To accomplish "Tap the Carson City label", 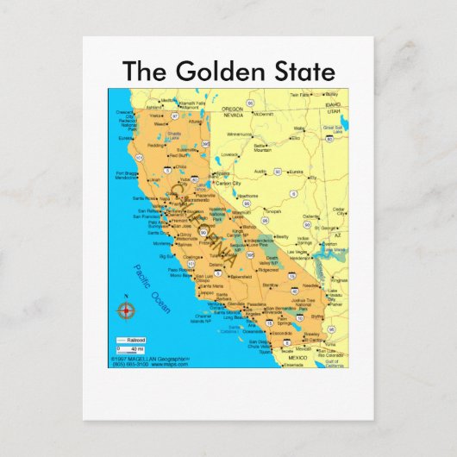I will (x=228, y=184).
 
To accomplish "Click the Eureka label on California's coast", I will (x=125, y=137).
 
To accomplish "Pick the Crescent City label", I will (x=126, y=112).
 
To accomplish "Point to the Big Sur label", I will (x=168, y=255).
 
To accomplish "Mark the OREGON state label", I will (x=233, y=109).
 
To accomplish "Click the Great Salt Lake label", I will (x=333, y=128).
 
